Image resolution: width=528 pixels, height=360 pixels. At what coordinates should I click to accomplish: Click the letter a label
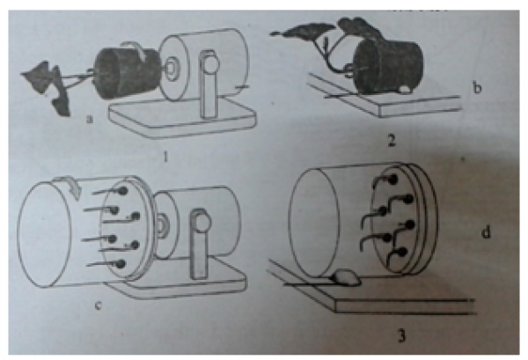89,119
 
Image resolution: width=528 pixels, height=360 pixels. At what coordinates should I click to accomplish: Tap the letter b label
477,88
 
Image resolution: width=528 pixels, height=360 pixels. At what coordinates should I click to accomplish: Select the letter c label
99,305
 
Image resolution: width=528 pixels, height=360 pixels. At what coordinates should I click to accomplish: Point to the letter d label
486,231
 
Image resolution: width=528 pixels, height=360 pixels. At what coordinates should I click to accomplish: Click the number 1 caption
165,156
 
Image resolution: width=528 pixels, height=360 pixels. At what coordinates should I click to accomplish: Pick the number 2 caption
391,140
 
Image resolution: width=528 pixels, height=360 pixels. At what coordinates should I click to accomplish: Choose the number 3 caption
401,335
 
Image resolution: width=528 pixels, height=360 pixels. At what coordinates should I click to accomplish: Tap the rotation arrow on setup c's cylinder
69,184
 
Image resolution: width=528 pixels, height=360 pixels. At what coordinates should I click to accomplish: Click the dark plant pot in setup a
128,73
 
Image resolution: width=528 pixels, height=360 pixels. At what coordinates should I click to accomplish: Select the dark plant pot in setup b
388,68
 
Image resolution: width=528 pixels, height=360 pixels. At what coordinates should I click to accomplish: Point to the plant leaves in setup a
48,87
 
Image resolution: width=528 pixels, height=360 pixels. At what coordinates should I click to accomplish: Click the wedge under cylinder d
347,277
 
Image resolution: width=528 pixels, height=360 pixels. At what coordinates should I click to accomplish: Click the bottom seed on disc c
121,264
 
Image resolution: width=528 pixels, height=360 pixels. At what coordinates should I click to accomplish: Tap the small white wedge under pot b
405,89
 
